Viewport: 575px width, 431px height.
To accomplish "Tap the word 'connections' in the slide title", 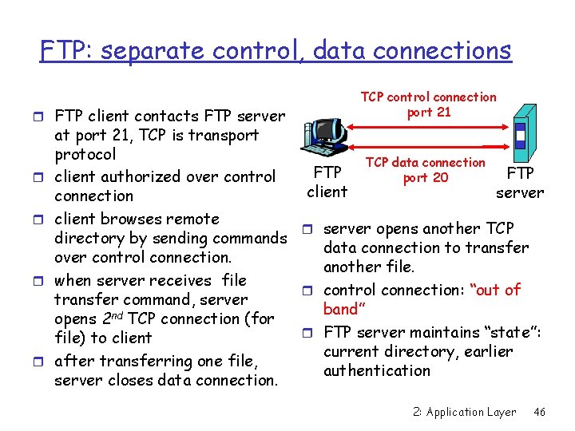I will click(x=412, y=51).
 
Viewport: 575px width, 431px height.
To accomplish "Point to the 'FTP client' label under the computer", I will click(x=327, y=182).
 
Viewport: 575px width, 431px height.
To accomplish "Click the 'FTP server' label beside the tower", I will click(x=520, y=182).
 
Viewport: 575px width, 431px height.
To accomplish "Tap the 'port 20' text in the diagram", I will click(x=426, y=177).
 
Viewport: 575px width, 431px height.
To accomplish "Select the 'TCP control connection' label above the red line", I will click(x=428, y=97).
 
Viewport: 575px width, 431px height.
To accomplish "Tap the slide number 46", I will click(x=539, y=412).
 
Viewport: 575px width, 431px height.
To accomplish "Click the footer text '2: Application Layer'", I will click(x=464, y=412).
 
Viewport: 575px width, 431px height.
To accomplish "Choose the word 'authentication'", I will click(x=377, y=370).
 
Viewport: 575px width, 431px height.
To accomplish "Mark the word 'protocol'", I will click(x=85, y=154).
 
